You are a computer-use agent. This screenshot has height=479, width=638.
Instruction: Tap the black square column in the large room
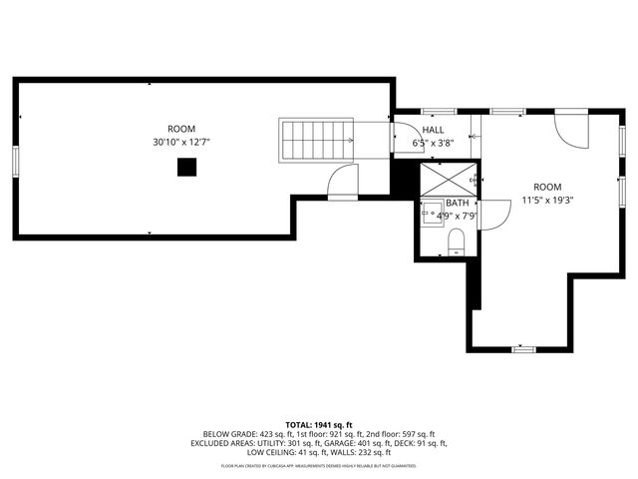185,169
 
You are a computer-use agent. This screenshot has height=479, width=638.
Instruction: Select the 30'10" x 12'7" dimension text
181,143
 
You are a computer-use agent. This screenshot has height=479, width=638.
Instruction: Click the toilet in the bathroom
456,240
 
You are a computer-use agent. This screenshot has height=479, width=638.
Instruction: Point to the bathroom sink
432,213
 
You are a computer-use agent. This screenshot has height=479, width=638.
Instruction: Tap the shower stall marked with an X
445,179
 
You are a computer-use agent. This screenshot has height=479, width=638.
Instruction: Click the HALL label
434,130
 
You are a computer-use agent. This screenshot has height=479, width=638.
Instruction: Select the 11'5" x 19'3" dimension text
547,200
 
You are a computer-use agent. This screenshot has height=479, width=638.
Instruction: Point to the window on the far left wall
15,161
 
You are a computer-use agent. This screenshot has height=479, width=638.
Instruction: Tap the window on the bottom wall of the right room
522,349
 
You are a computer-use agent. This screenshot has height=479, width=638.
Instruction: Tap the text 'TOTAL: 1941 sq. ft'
319,424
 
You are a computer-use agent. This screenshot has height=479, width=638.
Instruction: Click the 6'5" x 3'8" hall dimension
434,143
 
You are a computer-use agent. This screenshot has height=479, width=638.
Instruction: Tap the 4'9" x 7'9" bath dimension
452,215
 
